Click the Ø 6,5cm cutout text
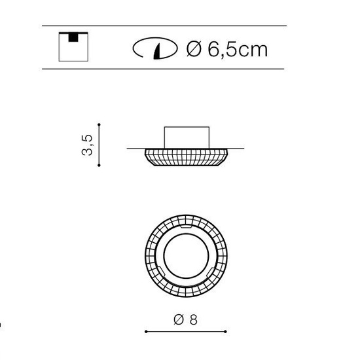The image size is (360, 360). coord(227,49)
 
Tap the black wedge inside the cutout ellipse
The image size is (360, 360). coord(158,52)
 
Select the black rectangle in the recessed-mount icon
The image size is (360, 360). coord(73,38)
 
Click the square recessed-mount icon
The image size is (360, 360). coord(73,47)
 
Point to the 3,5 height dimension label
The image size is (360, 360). coord(87,145)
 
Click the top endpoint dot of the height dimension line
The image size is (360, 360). coord(99,124)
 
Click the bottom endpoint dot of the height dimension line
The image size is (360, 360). coord(99,165)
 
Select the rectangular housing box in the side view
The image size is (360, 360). coord(187,137)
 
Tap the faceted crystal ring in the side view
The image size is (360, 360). coord(186,157)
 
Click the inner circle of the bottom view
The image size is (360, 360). coord(186,234)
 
